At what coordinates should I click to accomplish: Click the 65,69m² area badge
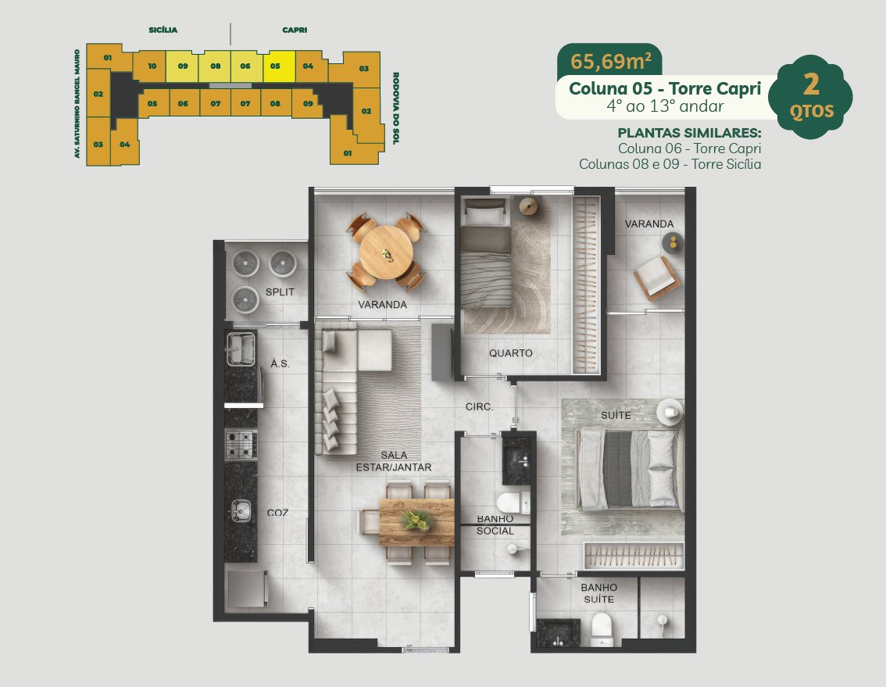[x=610, y=60]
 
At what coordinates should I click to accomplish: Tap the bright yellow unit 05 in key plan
[x=279, y=66]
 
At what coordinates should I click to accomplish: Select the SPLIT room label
[x=280, y=292]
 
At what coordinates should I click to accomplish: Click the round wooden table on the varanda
[x=386, y=252]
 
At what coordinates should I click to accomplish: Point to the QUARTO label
[x=511, y=352]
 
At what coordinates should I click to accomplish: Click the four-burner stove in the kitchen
[x=241, y=445]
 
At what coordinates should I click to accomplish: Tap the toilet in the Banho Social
[x=513, y=503]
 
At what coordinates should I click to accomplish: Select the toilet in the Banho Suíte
[x=602, y=629]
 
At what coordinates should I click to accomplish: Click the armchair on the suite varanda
[x=656, y=277]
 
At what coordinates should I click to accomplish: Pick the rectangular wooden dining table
[x=416, y=521]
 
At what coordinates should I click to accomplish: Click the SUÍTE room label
[x=616, y=415]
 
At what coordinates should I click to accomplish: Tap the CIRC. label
[x=479, y=406]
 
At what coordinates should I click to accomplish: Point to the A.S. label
[x=280, y=363]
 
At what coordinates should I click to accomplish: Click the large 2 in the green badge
[x=812, y=85]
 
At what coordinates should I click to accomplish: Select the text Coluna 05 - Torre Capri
[x=665, y=89]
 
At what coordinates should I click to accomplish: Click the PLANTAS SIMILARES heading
[x=689, y=133]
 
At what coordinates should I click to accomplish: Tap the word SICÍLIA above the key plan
[x=163, y=30]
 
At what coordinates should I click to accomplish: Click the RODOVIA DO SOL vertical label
[x=395, y=108]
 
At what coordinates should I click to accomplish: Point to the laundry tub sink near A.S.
[x=241, y=349]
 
